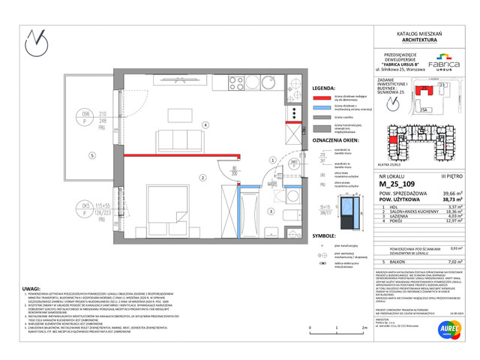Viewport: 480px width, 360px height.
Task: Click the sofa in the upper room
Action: [x=172, y=139]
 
